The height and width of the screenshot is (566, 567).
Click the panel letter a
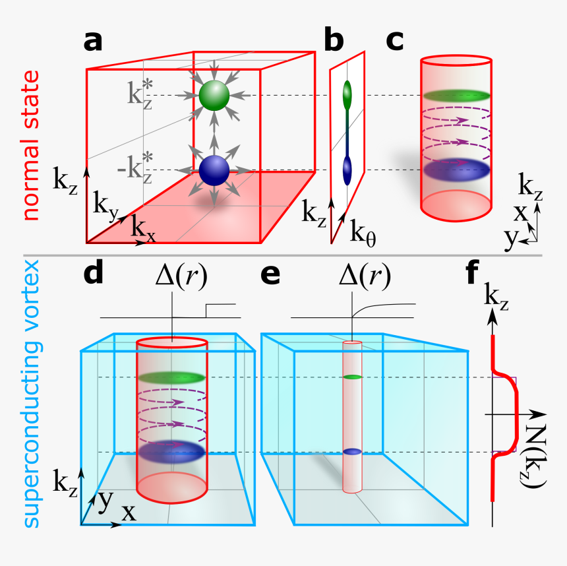tap(94, 41)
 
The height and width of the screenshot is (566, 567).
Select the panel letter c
tap(394, 41)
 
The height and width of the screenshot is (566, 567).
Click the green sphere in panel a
tap(214, 96)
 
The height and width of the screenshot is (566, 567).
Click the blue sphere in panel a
tap(214, 170)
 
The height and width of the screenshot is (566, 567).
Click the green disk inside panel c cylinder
tap(456, 95)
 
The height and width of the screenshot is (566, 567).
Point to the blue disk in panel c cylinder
tap(456, 170)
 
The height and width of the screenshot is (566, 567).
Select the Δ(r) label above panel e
tap(359, 276)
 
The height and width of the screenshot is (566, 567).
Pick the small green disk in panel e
tap(354, 377)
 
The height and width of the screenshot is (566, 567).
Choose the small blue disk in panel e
tap(354, 452)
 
